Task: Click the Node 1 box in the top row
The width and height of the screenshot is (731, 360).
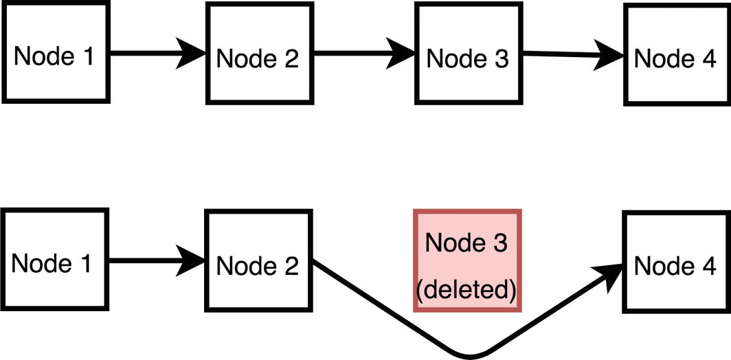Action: (x=55, y=53)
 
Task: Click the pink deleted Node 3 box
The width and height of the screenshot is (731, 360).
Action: (x=467, y=261)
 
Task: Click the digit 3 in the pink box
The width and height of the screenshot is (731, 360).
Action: (x=501, y=243)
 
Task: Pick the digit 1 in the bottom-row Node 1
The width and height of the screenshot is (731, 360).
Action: (x=85, y=264)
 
